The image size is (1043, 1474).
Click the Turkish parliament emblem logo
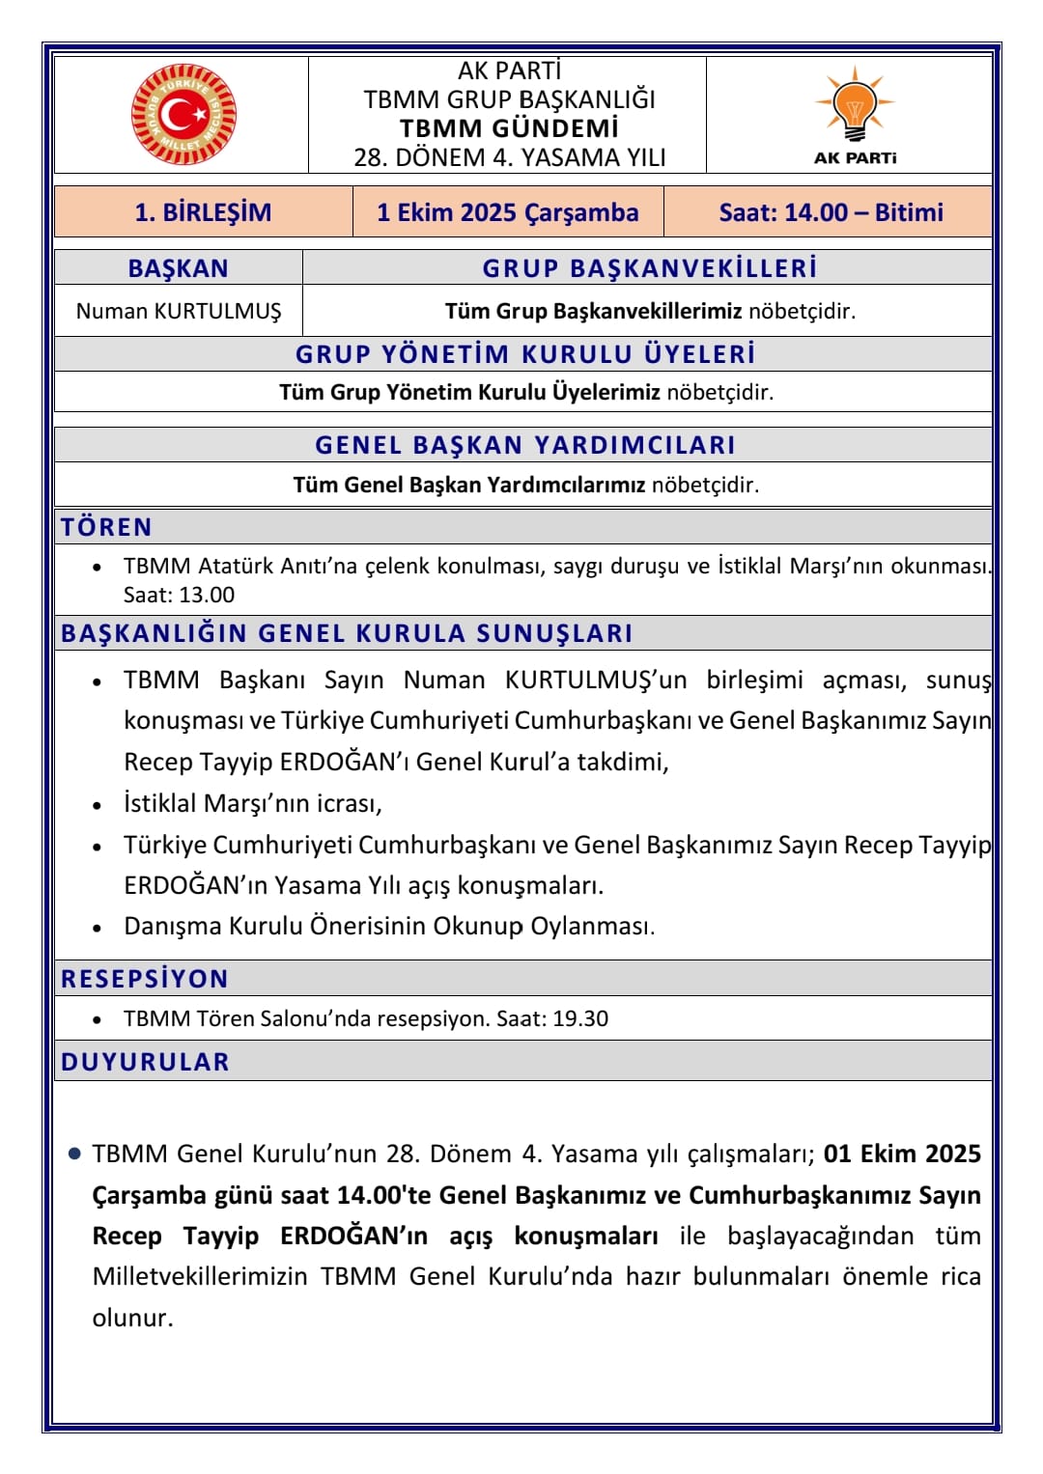tap(183, 115)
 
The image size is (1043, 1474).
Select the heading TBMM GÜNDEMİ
tap(509, 128)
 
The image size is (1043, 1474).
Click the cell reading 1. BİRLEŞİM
tap(203, 212)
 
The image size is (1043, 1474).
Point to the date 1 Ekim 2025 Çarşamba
tap(508, 212)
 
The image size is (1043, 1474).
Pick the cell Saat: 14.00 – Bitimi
tap(831, 212)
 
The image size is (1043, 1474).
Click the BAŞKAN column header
tap(179, 268)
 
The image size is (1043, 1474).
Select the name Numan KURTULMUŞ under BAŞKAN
tap(179, 311)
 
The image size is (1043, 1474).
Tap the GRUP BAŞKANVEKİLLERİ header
tap(649, 268)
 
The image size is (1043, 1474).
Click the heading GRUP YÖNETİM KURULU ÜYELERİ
tap(524, 354)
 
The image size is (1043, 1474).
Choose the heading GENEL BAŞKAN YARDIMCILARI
tap(524, 445)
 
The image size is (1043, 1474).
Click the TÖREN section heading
tap(106, 527)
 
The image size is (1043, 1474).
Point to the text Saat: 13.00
tap(179, 595)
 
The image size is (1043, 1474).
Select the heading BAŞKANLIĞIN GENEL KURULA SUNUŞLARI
tap(347, 633)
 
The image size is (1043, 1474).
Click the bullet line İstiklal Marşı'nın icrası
tap(253, 803)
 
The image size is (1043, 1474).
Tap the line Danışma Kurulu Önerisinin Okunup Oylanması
tap(389, 926)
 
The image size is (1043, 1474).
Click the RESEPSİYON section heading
tap(145, 979)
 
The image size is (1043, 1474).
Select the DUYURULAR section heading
tap(145, 1062)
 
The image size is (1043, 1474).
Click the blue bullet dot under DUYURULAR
tap(74, 1154)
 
